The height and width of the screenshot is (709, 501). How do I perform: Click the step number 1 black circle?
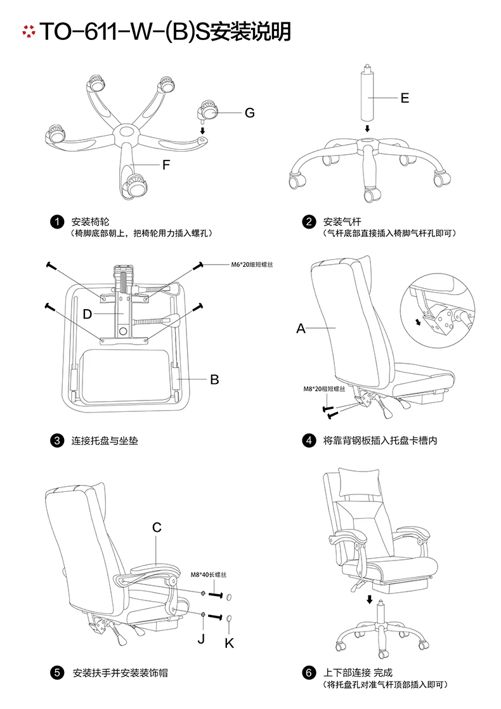[57, 222]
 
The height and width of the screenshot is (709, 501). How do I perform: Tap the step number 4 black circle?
[309, 441]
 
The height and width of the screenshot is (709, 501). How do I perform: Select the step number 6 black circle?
[309, 673]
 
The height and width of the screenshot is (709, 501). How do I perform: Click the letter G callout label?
[249, 113]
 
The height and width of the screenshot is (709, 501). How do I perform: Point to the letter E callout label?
[405, 98]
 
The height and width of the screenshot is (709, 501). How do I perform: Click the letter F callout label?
[166, 166]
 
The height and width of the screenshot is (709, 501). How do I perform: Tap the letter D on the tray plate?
[88, 314]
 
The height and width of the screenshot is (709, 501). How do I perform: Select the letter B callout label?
[214, 380]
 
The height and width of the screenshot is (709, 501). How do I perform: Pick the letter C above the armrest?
[157, 527]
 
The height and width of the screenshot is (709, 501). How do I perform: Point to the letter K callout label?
[230, 643]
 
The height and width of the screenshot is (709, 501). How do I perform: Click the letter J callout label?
[201, 638]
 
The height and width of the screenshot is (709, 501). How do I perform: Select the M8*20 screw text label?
[324, 389]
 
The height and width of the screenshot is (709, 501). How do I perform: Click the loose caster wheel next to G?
[209, 111]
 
